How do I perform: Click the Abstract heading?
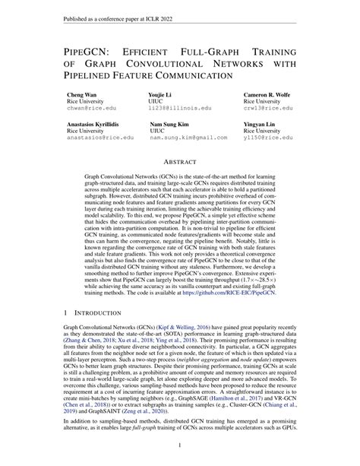tap(179, 162)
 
